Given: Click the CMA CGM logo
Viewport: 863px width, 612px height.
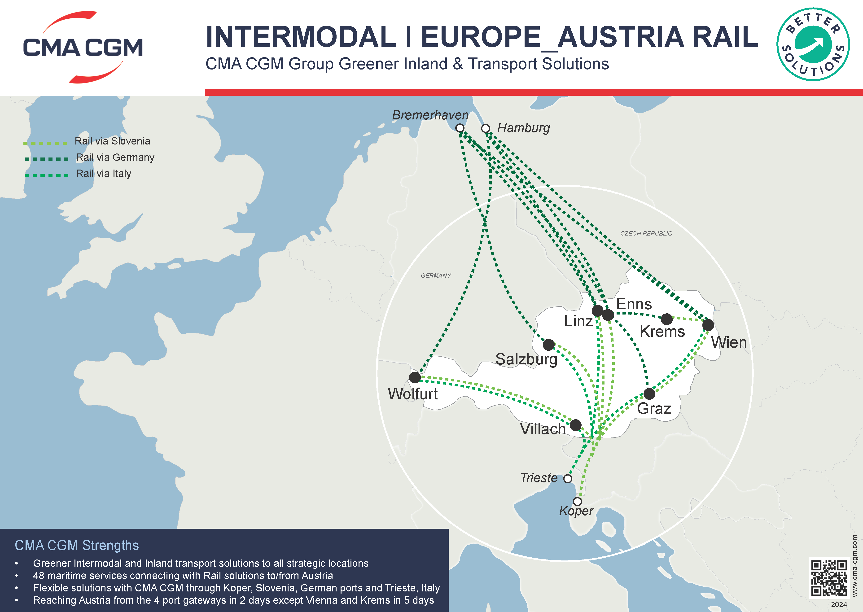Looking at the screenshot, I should point(83,47).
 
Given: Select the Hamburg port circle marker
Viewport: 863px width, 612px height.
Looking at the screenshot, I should point(486,128).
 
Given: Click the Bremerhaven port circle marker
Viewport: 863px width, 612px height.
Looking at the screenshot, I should point(460,128).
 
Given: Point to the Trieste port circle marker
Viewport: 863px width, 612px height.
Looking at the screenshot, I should point(568,479).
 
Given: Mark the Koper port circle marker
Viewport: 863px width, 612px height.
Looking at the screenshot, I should point(577,501).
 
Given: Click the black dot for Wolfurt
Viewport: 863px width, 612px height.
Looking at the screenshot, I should point(415,377).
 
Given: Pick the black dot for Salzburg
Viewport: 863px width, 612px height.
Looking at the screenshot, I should point(549,345).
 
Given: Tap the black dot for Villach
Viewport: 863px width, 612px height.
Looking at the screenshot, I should point(575,425).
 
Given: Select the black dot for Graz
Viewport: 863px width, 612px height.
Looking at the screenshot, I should point(649,394).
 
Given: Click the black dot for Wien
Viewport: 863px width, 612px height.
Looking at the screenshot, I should point(708,325).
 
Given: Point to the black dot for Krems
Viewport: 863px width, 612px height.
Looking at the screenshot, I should point(667,319).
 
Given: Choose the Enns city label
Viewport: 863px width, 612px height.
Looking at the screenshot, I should point(634,304).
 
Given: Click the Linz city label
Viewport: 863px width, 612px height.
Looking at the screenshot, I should point(578,321).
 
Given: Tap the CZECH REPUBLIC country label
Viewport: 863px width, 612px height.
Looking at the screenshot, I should point(646,234).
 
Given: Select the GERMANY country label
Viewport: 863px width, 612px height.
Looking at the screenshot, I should point(436,275).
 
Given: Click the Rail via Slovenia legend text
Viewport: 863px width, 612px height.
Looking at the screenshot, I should point(112,141).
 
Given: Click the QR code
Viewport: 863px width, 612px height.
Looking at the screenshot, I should point(829,578).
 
